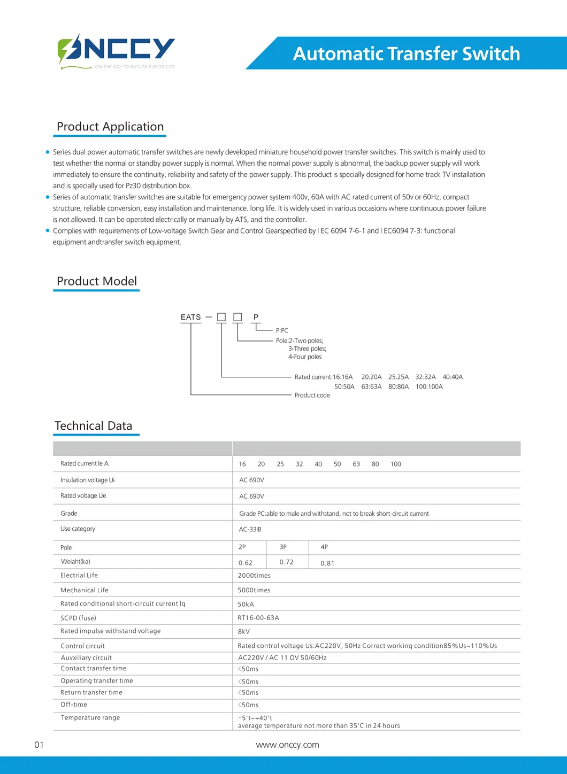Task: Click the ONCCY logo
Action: pos(116,51)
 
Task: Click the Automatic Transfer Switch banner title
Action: pos(406,53)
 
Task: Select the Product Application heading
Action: pos(110,127)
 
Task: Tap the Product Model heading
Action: pos(97,281)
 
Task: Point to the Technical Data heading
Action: pos(94,426)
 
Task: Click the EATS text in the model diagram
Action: pos(190,317)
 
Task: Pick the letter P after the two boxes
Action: pos(256,317)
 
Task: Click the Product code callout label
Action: pos(312,395)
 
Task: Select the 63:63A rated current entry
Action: pos(371,386)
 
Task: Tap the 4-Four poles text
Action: pos(305,357)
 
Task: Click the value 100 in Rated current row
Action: pos(395,464)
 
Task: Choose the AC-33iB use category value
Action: pos(250,529)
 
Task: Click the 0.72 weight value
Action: pos(286,562)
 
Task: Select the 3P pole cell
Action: pos(283,547)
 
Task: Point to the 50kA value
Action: pos(246,604)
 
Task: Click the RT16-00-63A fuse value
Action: pos(258,618)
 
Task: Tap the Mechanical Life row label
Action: pos(85,590)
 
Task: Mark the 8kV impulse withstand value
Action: pos(243,631)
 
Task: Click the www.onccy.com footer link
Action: pos(287,745)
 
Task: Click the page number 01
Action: pos(39,745)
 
